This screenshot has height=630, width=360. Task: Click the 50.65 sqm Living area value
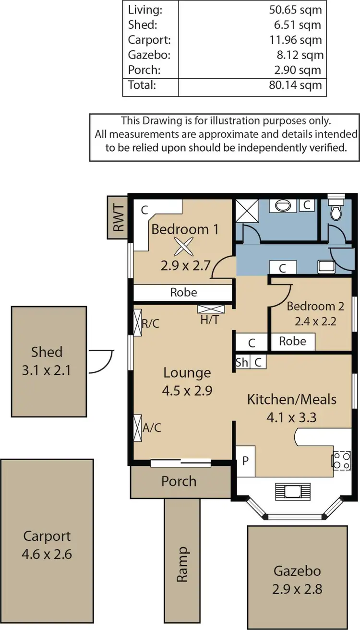click(x=296, y=9)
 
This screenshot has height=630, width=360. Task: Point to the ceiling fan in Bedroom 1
click(x=182, y=248)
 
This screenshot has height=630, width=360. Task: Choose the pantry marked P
click(x=245, y=461)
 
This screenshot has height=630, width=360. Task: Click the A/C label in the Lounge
click(x=152, y=428)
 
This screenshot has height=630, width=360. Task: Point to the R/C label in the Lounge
click(x=150, y=323)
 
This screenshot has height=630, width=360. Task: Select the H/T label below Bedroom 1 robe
click(x=210, y=319)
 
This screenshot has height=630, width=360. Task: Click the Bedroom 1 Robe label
click(x=183, y=292)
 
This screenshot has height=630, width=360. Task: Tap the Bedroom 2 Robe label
click(x=292, y=341)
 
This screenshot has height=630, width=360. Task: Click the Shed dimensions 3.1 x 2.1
click(x=47, y=370)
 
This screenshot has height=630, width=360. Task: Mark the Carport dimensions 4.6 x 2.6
click(x=47, y=554)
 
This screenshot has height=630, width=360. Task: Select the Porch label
click(x=179, y=481)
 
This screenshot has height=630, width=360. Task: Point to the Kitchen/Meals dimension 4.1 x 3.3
click(x=292, y=417)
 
